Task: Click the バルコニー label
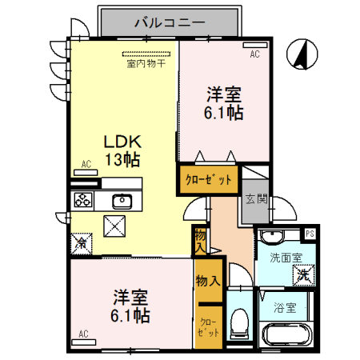170,22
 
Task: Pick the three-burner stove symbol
84,200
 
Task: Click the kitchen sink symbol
122,200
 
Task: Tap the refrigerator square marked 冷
81,242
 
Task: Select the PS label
310,234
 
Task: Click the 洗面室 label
285,258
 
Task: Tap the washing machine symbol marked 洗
302,274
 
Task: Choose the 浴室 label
286,306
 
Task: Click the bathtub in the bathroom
286,334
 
